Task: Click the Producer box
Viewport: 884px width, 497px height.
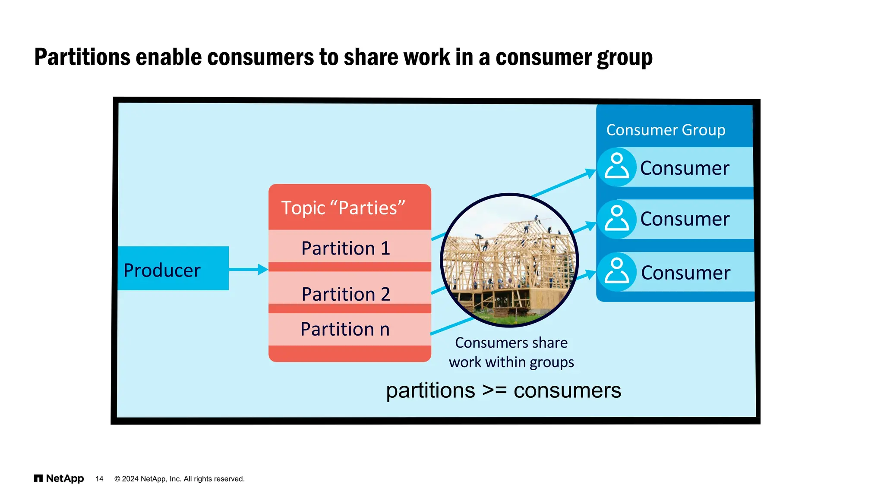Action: click(x=173, y=268)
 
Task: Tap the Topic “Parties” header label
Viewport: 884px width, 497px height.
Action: click(x=343, y=208)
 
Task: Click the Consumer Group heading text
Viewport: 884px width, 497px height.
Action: click(x=666, y=130)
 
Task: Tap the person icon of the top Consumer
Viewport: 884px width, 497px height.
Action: click(x=617, y=167)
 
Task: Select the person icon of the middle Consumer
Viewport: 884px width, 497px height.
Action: click(x=617, y=219)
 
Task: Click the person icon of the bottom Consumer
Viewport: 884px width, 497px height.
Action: click(x=617, y=272)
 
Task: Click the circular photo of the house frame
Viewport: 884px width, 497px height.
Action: click(x=509, y=260)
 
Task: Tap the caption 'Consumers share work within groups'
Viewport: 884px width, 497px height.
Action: click(x=511, y=352)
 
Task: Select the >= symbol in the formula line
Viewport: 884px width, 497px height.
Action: click(x=494, y=390)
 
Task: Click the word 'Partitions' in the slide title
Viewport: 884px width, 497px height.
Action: click(x=82, y=57)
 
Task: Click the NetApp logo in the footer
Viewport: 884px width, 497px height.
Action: click(x=59, y=478)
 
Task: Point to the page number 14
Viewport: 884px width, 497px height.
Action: click(x=99, y=479)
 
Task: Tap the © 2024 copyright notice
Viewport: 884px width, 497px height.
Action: click(x=179, y=479)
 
